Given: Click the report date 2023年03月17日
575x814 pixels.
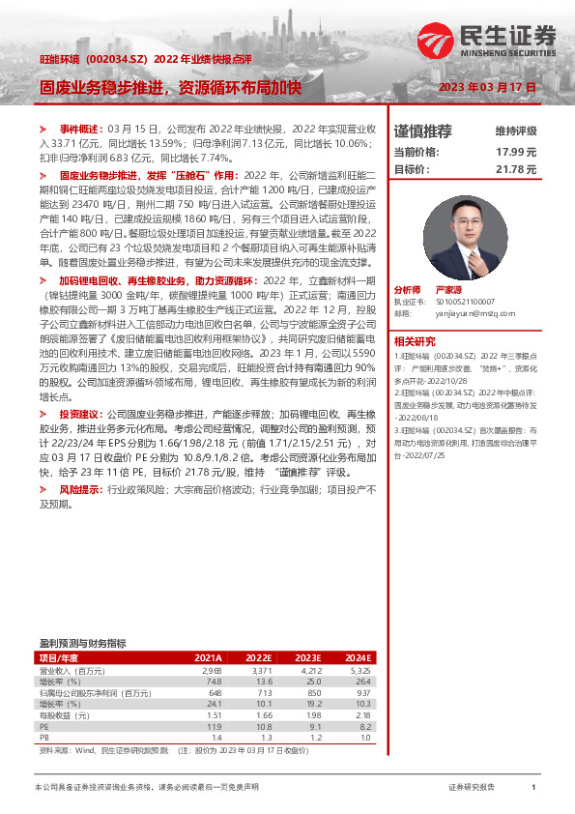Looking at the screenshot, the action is pyautogui.click(x=487, y=88).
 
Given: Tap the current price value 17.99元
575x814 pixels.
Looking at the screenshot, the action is pyautogui.click(x=515, y=152).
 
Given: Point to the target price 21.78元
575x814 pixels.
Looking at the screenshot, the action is pyautogui.click(x=515, y=169).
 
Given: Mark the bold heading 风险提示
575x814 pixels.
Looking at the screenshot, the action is pyautogui.click(x=80, y=490).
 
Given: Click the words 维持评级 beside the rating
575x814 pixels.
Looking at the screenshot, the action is pyautogui.click(x=515, y=131).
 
